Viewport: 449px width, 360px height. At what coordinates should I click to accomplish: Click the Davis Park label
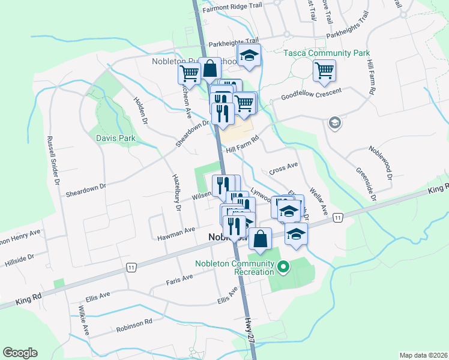tap(115, 139)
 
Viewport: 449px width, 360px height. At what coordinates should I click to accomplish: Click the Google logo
tap(20, 352)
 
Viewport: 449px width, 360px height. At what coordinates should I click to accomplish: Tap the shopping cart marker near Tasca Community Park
tap(324, 70)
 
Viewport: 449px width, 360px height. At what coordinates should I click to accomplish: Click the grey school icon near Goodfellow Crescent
tap(334, 124)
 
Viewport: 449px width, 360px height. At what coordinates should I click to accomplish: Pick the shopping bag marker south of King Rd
tap(260, 238)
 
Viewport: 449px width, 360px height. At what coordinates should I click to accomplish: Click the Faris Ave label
tap(179, 278)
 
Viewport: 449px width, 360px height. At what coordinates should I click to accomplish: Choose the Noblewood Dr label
tap(381, 163)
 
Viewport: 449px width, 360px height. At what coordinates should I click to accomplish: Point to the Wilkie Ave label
tap(83, 320)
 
